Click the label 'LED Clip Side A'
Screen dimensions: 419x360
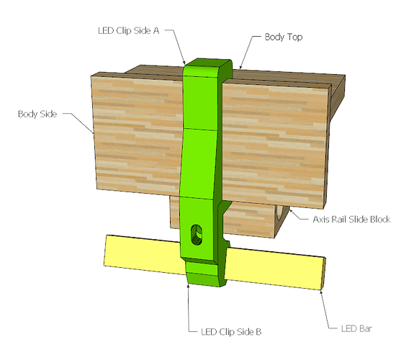point(129,31)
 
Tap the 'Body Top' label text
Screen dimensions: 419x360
point(284,37)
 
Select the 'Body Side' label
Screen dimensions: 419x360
point(37,114)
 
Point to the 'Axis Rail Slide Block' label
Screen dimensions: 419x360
point(351,220)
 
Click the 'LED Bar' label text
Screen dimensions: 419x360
point(356,328)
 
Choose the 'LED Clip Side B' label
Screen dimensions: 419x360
point(231,332)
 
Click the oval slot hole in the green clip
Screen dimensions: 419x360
point(197,235)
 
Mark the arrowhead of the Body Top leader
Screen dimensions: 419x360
point(240,67)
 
